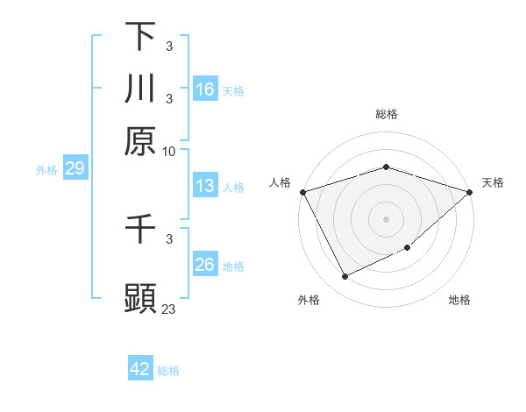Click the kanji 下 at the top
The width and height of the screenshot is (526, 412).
[x=140, y=36]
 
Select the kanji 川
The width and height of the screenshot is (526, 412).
[x=140, y=89]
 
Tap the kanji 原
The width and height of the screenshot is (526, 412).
[x=140, y=142]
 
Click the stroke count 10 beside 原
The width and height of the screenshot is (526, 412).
[x=169, y=151]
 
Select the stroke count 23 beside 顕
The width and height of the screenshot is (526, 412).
[x=169, y=309]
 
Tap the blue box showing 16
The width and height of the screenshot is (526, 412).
[x=204, y=89]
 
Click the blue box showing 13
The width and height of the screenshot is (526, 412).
[x=204, y=186]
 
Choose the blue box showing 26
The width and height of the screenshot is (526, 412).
[x=204, y=265]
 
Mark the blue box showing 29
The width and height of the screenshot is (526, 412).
[x=74, y=168]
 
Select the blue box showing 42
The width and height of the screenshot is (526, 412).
[x=140, y=369]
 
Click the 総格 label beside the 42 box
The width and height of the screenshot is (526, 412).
[x=168, y=371]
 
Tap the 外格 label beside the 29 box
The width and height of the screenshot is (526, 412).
[x=46, y=170]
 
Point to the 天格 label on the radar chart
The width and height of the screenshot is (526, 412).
[x=493, y=182]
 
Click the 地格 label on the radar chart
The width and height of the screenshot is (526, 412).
[x=459, y=301]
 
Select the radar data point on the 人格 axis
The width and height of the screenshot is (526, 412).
[x=303, y=191]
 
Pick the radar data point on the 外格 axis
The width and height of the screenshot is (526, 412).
[x=345, y=277]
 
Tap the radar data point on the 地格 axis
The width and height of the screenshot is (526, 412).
[x=409, y=249]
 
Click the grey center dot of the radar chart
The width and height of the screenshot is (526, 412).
[x=387, y=218]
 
